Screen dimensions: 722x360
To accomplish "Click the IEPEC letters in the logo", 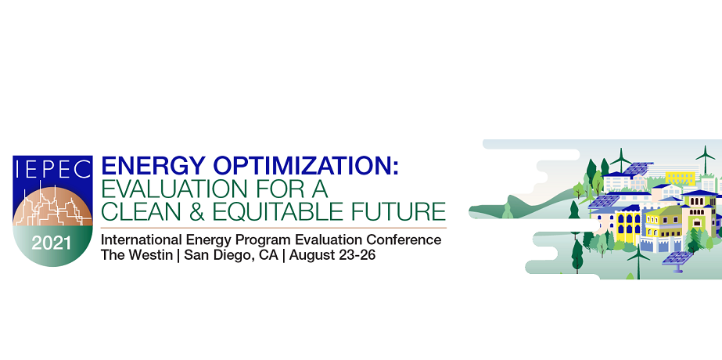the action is tap(53, 169).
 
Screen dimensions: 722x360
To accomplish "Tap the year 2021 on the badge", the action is tap(51, 243).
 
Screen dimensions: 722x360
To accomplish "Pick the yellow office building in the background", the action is tap(681, 178).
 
